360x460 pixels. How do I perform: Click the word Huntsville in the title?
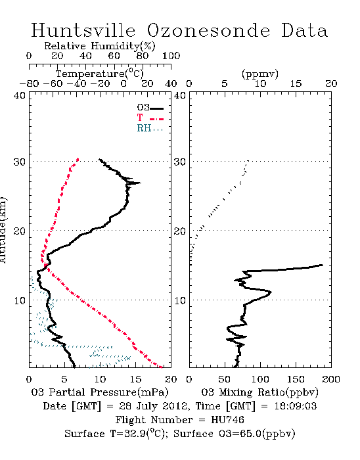tap(83, 30)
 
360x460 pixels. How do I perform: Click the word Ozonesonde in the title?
tap(208, 30)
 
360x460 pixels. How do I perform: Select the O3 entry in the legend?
tap(150, 108)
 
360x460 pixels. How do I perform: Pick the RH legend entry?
tap(150, 128)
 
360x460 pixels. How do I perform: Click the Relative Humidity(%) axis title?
tap(100, 46)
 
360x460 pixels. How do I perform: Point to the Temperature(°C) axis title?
tap(100, 74)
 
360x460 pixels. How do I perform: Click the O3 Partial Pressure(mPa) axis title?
tap(100, 392)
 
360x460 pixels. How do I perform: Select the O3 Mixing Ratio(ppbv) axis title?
tap(260, 392)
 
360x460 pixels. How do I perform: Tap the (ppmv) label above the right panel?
tap(260, 74)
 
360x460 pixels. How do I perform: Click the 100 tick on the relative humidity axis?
tap(171, 56)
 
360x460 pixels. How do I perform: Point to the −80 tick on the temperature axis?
tap(29, 83)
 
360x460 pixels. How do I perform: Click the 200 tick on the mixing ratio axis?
tap(331, 379)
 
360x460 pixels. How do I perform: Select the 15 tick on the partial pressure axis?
tap(135, 379)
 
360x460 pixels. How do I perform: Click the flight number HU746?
tap(227, 420)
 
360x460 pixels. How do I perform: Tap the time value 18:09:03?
tap(296, 406)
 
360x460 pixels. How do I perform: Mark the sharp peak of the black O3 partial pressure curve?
tap(140, 183)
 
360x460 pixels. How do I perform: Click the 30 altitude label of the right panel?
tap(180, 162)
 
